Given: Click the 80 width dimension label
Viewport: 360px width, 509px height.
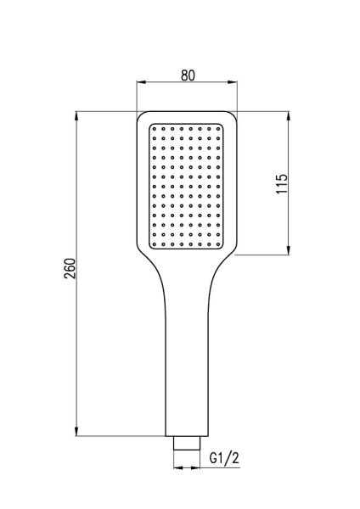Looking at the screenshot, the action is point(188,76).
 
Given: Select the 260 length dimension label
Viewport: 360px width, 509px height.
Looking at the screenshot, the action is point(70,268).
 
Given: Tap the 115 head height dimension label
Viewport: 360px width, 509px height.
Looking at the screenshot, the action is point(282,184).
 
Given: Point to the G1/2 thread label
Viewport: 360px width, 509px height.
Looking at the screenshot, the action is point(224,458).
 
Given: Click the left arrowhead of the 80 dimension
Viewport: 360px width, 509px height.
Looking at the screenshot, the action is point(142,82).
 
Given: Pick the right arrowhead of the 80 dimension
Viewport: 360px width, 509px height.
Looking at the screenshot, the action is point(233,82).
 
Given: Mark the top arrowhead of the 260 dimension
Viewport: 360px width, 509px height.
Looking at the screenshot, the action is point(76,116).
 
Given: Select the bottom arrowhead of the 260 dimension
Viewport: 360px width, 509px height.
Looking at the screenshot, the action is point(76,431).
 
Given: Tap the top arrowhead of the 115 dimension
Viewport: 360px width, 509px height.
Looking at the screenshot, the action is point(288,116).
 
